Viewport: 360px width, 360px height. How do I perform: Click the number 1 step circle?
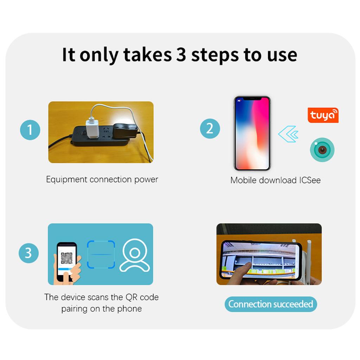click(30, 130)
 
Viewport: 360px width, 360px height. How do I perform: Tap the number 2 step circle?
click(210, 128)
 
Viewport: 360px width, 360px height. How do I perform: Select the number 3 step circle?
click(29, 253)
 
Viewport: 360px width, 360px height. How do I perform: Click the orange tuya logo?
click(323, 115)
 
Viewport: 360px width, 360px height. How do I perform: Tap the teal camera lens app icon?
click(322, 150)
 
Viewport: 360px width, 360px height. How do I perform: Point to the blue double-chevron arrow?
click(288, 134)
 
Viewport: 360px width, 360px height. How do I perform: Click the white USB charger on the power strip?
click(92, 129)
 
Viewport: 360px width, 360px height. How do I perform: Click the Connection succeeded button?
click(271, 304)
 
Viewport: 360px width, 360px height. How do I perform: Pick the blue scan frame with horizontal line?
click(101, 255)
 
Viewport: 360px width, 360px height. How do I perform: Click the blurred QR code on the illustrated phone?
click(66, 258)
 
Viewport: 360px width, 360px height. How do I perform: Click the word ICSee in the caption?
click(310, 180)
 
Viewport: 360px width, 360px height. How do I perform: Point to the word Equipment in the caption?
click(67, 180)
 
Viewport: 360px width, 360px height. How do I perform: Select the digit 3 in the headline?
click(181, 55)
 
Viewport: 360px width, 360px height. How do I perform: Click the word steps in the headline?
click(215, 55)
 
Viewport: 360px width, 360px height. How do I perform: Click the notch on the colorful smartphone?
click(252, 99)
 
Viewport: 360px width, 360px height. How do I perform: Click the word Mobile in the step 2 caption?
click(244, 180)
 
